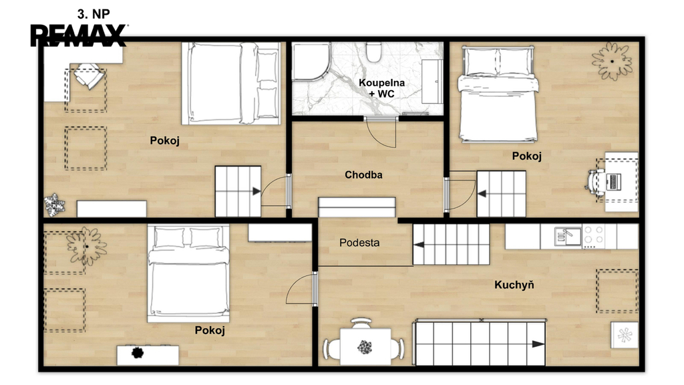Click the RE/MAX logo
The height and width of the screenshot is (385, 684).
(79, 35)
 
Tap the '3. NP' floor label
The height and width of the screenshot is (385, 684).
(94, 15)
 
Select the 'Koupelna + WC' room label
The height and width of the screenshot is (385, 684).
(381, 88)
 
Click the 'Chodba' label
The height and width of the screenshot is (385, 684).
(363, 175)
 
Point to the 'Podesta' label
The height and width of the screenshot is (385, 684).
(359, 243)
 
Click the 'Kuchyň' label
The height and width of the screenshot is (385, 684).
(514, 285)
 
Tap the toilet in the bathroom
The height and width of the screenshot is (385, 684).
(374, 52)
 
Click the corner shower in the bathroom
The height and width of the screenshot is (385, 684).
(311, 61)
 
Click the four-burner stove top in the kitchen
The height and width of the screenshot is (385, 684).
(594, 236)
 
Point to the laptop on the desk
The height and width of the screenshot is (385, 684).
(613, 181)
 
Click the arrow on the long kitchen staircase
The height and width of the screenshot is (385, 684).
(538, 344)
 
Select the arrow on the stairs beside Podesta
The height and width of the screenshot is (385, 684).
(419, 245)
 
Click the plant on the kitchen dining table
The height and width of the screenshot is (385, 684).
(365, 348)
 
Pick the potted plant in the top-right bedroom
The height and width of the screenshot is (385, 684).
(612, 61)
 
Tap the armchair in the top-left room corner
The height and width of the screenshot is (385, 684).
(89, 76)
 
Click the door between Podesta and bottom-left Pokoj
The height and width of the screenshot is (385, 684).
(315, 289)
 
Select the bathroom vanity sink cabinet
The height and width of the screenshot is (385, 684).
(432, 82)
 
